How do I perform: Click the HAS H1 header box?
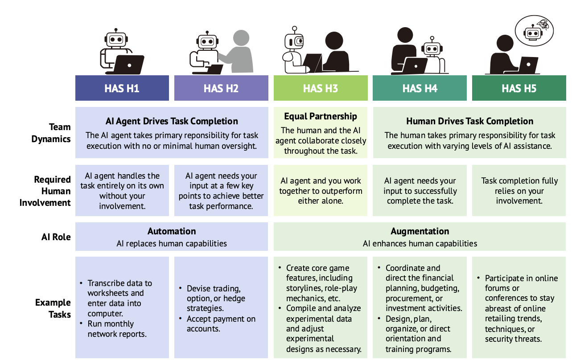[122, 88]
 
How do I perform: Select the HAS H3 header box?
[321, 88]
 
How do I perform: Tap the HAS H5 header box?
[519, 88]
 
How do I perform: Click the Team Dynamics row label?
[51, 133]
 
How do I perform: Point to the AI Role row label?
[56, 237]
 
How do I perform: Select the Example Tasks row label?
[53, 308]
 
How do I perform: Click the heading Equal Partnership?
[321, 116]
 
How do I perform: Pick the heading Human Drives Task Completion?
[469, 121]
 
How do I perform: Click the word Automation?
[172, 231]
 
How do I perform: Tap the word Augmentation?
[420, 231]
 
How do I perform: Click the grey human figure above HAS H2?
[238, 51]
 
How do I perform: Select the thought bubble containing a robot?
[534, 31]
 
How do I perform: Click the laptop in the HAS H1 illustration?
[128, 65]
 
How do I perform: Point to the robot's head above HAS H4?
[432, 48]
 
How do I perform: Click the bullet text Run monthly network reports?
[117, 329]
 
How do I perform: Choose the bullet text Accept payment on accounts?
[221, 324]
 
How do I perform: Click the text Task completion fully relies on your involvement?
[519, 191]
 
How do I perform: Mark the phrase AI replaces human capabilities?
[172, 243]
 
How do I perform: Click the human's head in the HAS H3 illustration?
[334, 41]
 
